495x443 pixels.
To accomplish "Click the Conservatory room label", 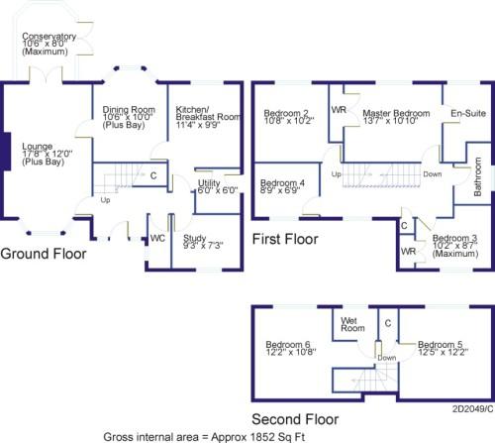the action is [x=49, y=36].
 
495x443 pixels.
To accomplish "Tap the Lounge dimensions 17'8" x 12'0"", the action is [x=48, y=154].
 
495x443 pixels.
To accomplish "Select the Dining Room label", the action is [x=129, y=109].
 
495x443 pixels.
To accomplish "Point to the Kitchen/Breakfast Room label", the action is [x=208, y=113].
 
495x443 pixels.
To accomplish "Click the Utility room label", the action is [x=209, y=182].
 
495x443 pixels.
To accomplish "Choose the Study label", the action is [x=194, y=238].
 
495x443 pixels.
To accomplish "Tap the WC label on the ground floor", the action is [x=157, y=238].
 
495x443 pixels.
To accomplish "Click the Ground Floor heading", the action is [x=44, y=254].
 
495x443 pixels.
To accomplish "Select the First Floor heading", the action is [x=285, y=239].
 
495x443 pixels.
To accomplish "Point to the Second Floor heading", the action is [x=295, y=419].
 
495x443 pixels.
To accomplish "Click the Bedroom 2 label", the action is [x=286, y=113].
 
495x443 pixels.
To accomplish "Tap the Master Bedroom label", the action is [x=396, y=113].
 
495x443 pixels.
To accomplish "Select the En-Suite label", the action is [x=468, y=113].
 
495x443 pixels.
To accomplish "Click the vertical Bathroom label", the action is [x=477, y=176].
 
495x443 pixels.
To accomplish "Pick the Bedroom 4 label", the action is [x=282, y=182].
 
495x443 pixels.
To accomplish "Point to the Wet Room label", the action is [x=352, y=324].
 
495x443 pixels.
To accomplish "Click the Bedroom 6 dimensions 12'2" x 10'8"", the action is [x=291, y=352].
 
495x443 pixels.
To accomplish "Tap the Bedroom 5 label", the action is [x=441, y=345].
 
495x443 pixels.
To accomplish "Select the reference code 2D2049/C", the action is [x=473, y=409].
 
